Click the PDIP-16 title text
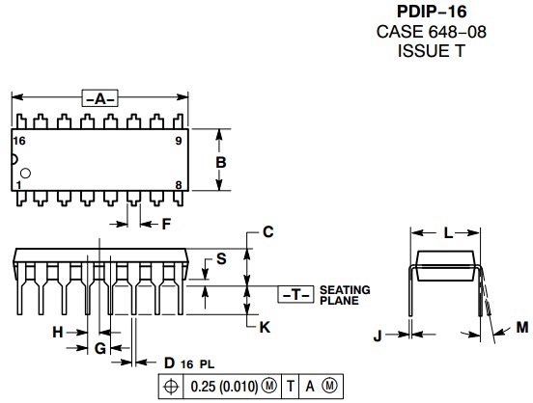point(432,12)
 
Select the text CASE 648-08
point(431,32)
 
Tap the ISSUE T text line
point(431,51)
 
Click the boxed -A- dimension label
point(100,98)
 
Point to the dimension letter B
point(221,163)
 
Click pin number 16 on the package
point(19,141)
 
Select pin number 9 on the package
point(179,141)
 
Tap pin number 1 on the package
point(18,185)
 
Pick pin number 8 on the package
point(179,185)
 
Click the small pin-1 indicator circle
point(25,174)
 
